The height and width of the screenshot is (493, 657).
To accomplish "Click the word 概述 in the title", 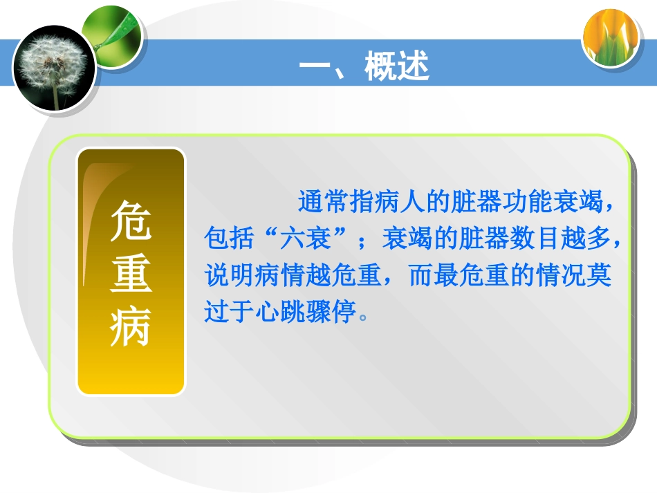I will point(397,68).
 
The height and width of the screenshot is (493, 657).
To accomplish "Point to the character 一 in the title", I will point(315,68).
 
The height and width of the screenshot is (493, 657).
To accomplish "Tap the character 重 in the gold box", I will point(131,273).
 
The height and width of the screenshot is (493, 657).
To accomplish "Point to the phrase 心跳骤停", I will point(308,312).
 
